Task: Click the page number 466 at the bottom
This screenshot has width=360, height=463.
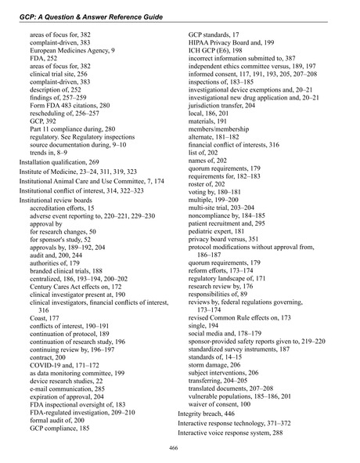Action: coord(179,447)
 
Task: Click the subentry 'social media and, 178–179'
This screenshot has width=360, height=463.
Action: coord(236,280)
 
